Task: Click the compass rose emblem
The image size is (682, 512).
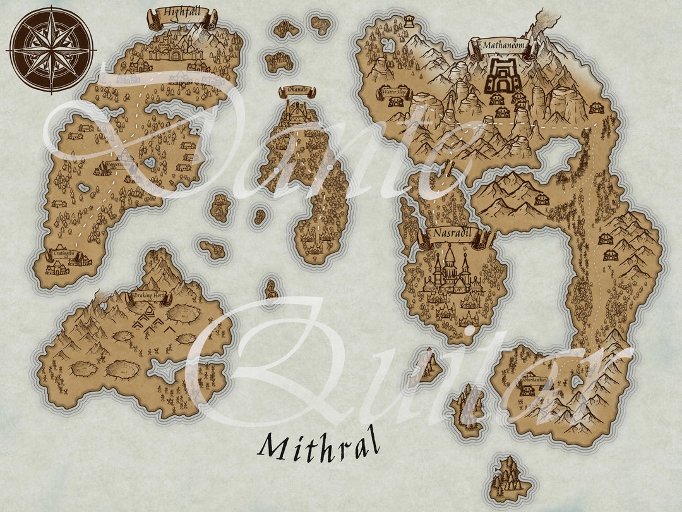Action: pos(51,49)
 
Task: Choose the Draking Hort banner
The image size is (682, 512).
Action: pos(148,296)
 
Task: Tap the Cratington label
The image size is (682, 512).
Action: pos(63,253)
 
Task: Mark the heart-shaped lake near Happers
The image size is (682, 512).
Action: pos(150,163)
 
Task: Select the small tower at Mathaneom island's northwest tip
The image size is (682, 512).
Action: pos(409,23)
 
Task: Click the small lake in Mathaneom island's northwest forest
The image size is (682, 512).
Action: pos(388,46)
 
